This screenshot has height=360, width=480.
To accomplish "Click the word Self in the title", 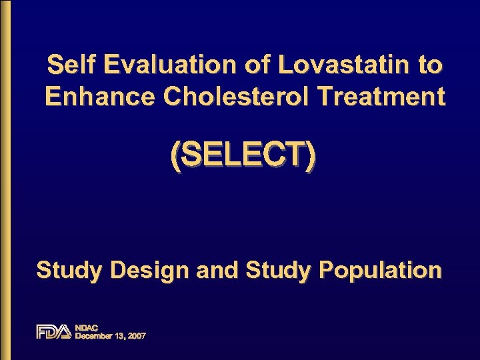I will pos(70,65).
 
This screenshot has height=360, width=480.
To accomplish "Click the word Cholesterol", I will pos(237,97).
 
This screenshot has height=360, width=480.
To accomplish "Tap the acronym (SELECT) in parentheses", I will pos(243,157).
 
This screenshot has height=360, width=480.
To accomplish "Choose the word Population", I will pos(380,271).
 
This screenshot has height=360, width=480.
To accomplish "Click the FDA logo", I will pos(53,331).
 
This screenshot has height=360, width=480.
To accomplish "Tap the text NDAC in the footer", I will pos(86,327).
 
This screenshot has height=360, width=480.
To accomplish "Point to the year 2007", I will pos(138,336).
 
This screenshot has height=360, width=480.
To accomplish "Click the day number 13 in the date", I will pos(119,336).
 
